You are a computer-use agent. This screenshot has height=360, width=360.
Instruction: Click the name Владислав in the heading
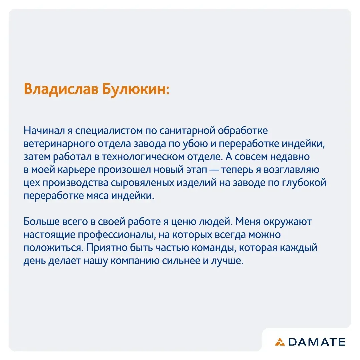[x=61, y=89]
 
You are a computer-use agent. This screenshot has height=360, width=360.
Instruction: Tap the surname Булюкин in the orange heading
[x=136, y=89]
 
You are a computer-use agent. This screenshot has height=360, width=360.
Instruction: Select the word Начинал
[x=44, y=131]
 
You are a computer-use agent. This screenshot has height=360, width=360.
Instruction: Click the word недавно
[x=290, y=157]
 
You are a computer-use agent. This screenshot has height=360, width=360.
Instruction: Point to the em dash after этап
[x=214, y=170]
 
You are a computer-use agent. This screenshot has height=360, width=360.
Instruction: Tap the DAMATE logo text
[x=317, y=342]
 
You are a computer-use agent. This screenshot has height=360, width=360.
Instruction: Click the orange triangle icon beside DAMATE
[x=280, y=342]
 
